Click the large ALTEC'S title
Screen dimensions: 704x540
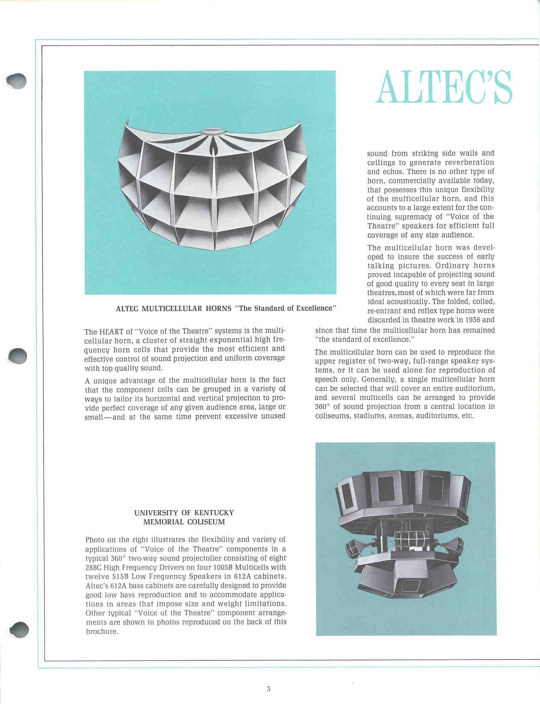443,87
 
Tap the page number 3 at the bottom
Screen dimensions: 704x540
268,689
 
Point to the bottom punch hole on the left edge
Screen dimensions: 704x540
19,630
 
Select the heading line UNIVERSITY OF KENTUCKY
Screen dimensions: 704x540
184,512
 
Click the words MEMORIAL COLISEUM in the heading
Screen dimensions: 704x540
184,522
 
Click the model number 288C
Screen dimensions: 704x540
93,567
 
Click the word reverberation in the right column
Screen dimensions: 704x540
468,162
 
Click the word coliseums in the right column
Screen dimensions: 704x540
332,416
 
